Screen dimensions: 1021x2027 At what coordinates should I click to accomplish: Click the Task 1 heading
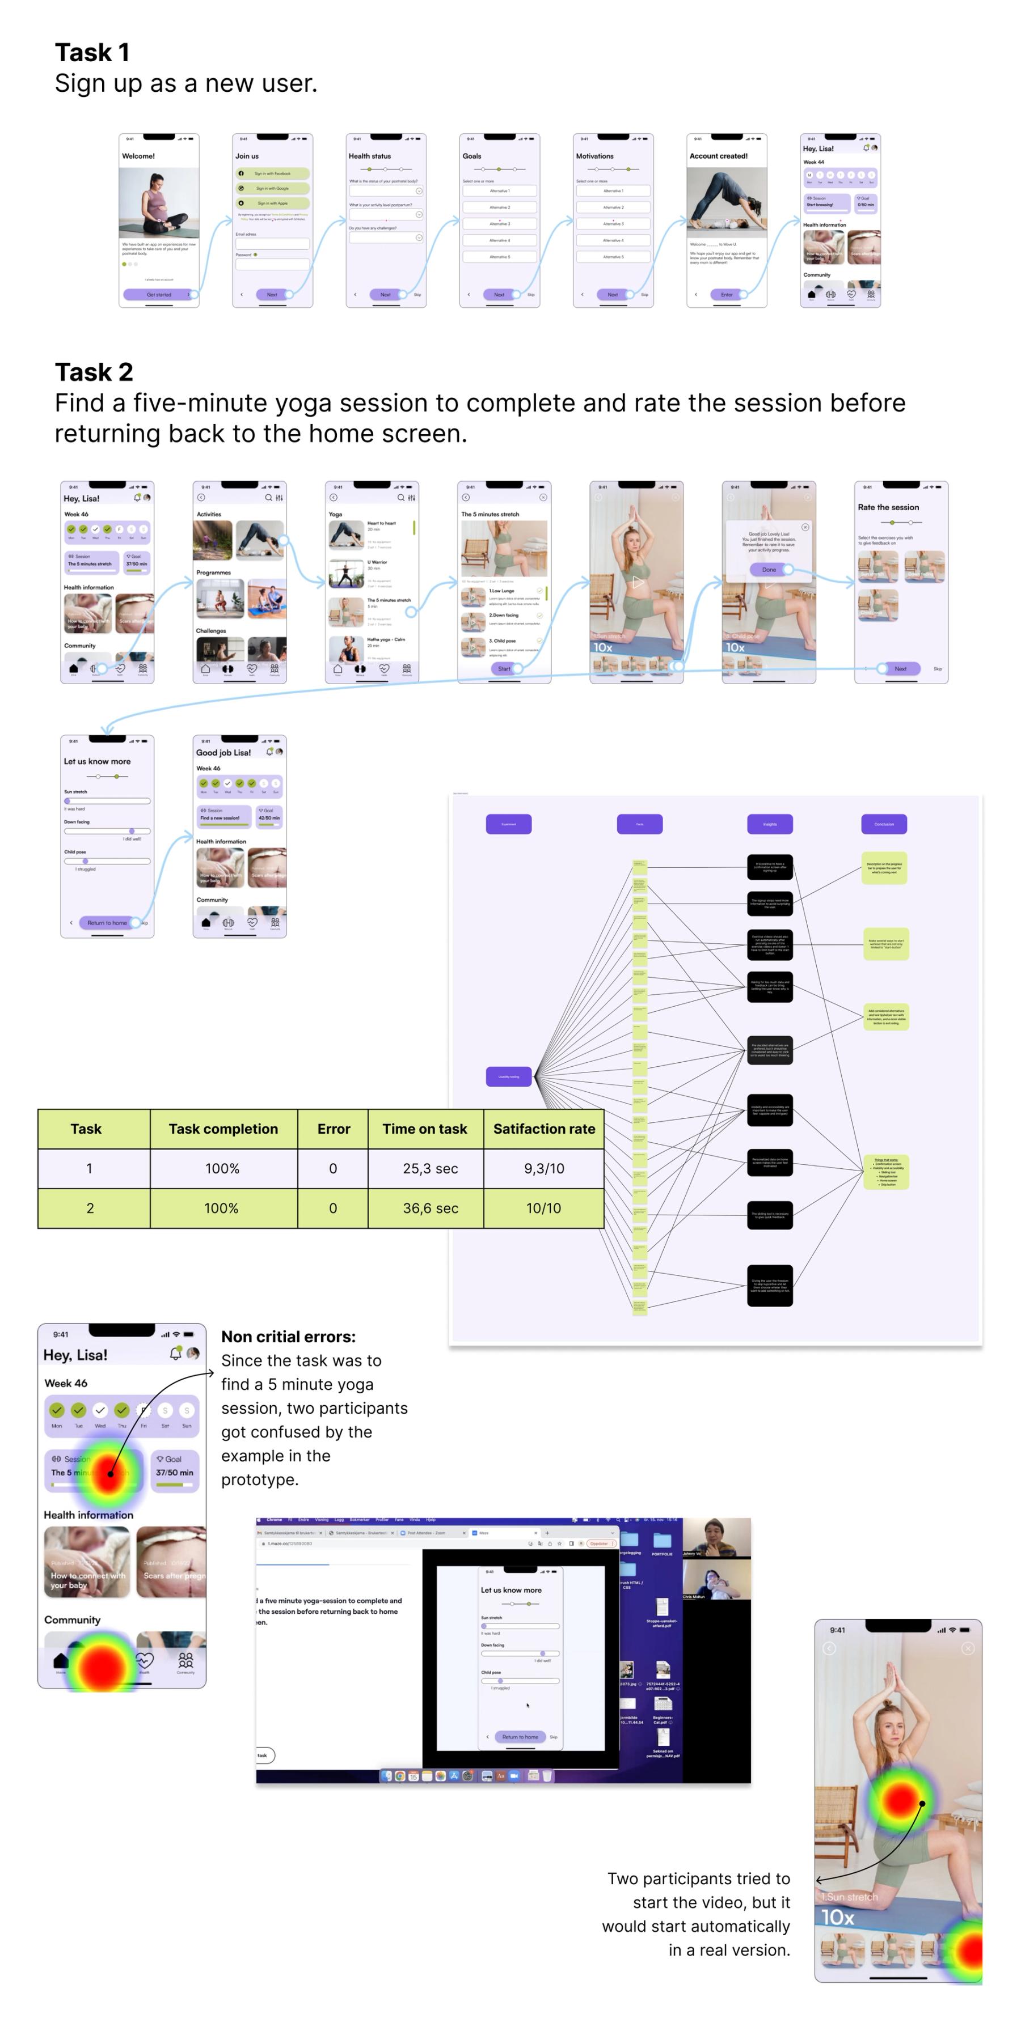coord(91,53)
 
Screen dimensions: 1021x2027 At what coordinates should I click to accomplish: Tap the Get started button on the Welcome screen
coord(158,294)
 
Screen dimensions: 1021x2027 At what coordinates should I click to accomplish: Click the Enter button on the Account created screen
coord(726,294)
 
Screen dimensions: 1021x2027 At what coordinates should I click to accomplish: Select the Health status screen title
coord(369,156)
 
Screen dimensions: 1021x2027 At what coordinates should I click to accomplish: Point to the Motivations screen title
coord(594,156)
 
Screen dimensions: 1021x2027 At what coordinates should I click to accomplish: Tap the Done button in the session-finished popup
coord(769,569)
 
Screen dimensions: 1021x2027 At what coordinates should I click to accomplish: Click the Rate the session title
coord(888,507)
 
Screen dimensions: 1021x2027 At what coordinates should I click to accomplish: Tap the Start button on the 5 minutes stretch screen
coord(504,668)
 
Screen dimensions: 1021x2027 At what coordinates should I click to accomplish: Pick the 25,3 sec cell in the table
coord(430,1168)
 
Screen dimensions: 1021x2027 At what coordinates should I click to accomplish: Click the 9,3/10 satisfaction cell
coord(544,1168)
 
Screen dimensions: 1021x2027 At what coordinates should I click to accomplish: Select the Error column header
coord(333,1129)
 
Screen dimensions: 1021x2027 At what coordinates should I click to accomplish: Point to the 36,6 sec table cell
coord(430,1208)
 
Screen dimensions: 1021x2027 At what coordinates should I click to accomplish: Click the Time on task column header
coord(424,1129)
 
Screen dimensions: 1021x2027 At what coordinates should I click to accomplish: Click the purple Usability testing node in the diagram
coord(509,1076)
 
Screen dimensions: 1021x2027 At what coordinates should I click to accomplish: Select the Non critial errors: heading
coord(288,1336)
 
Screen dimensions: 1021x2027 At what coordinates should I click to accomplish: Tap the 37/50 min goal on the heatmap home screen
coord(174,1472)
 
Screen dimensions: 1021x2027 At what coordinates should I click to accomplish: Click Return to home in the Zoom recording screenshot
coord(520,1737)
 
